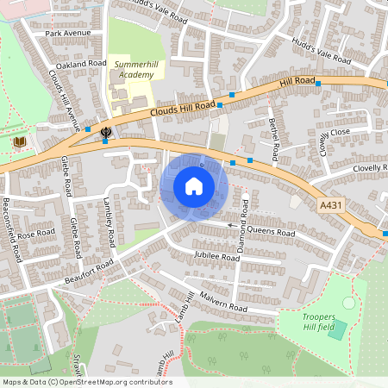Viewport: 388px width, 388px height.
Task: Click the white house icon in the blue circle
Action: tap(194, 185)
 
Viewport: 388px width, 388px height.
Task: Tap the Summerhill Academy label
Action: tap(132, 70)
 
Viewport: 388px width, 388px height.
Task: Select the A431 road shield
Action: tap(330, 205)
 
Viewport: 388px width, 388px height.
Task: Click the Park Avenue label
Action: tap(68, 34)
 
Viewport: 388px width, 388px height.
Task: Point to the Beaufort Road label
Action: tap(89, 275)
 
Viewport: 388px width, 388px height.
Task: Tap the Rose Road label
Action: tap(37, 235)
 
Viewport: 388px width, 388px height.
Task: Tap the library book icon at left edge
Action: tap(20, 141)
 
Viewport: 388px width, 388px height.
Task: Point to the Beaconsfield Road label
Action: tap(10, 230)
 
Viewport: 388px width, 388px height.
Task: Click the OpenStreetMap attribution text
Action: tap(86, 382)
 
